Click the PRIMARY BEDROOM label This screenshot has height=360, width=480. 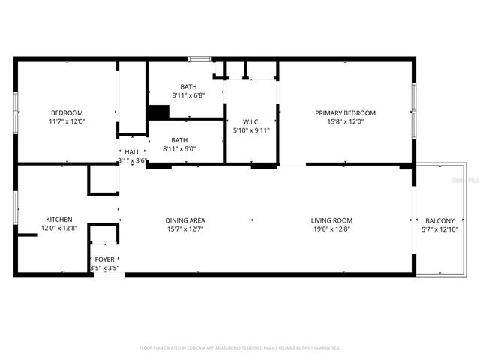(345, 112)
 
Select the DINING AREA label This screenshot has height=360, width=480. (184, 220)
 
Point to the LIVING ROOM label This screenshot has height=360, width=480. (331, 220)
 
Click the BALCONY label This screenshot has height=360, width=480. (439, 220)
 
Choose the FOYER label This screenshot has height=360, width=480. (104, 259)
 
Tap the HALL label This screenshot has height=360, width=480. (131, 151)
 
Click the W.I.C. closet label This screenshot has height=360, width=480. (250, 121)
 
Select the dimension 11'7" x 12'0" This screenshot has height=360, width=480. (67, 121)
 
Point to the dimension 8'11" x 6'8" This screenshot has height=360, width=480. (188, 95)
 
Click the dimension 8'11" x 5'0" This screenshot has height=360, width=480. (179, 149)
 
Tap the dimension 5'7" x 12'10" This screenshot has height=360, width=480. (439, 229)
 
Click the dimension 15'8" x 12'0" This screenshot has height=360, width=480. (345, 121)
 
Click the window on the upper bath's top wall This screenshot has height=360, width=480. (199, 58)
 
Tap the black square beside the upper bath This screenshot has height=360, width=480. (157, 112)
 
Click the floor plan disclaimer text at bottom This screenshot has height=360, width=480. (240, 347)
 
